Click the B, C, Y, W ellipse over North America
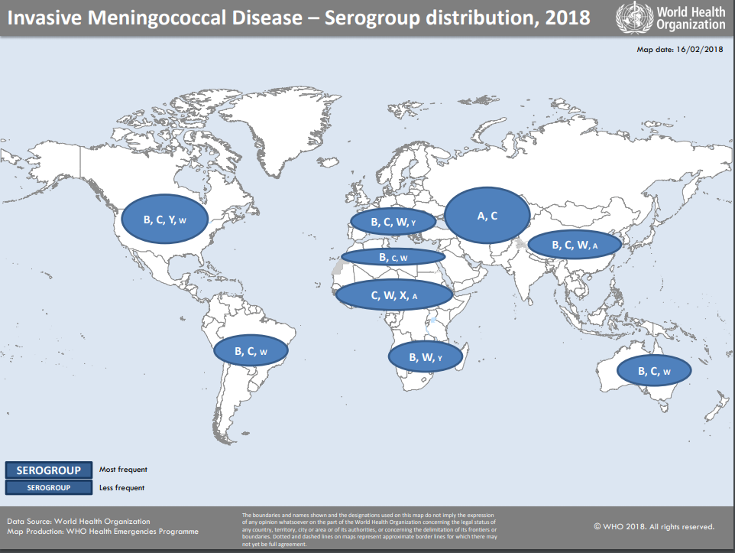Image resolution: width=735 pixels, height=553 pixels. point(164,220)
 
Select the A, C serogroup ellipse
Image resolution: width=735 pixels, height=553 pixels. point(487,216)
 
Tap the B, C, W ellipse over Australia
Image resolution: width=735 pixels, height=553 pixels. point(654,371)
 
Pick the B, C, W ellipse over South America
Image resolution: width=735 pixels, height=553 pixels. point(251,351)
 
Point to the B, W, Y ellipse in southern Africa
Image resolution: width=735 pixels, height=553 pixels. point(426,356)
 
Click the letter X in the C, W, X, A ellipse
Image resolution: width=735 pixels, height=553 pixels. point(403,295)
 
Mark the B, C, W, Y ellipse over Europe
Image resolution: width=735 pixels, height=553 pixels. point(393,222)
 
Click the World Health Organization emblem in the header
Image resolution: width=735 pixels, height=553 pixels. point(630,17)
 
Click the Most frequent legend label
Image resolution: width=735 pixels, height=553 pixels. point(123,470)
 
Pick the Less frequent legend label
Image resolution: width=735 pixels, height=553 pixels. point(122,487)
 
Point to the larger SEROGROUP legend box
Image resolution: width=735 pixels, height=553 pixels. point(49,470)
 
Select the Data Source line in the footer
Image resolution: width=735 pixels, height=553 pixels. point(79,521)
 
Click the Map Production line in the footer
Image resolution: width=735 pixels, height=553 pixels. point(102,531)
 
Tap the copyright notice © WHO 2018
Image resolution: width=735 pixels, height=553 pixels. point(654,526)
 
